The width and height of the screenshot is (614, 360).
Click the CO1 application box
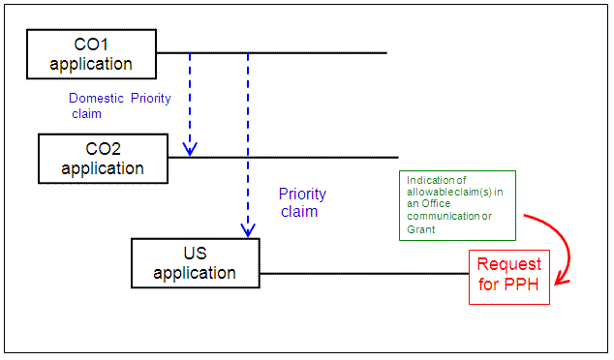pyautogui.click(x=91, y=54)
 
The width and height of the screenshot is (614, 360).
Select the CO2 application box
pyautogui.click(x=103, y=158)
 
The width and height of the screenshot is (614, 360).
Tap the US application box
pyautogui.click(x=196, y=263)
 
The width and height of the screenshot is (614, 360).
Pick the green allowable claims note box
pyautogui.click(x=457, y=204)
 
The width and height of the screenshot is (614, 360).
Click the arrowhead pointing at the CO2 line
pyautogui.click(x=191, y=149)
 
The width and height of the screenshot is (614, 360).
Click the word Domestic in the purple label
pyautogui.click(x=97, y=98)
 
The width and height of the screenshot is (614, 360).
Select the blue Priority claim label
pyautogui.click(x=302, y=202)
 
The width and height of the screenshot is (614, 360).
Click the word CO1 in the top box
pyautogui.click(x=91, y=45)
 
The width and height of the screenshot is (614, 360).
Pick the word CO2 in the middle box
pyautogui.click(x=103, y=148)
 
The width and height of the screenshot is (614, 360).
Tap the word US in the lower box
pyautogui.click(x=196, y=254)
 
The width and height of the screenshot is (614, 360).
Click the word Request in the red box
pyautogui.click(x=509, y=264)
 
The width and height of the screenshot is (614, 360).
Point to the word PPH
pyautogui.click(x=524, y=285)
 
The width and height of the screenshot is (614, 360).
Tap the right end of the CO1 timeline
pyautogui.click(x=385, y=52)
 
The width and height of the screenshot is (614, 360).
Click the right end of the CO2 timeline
pyautogui.click(x=397, y=157)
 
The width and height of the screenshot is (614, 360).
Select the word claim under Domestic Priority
pyautogui.click(x=86, y=113)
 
